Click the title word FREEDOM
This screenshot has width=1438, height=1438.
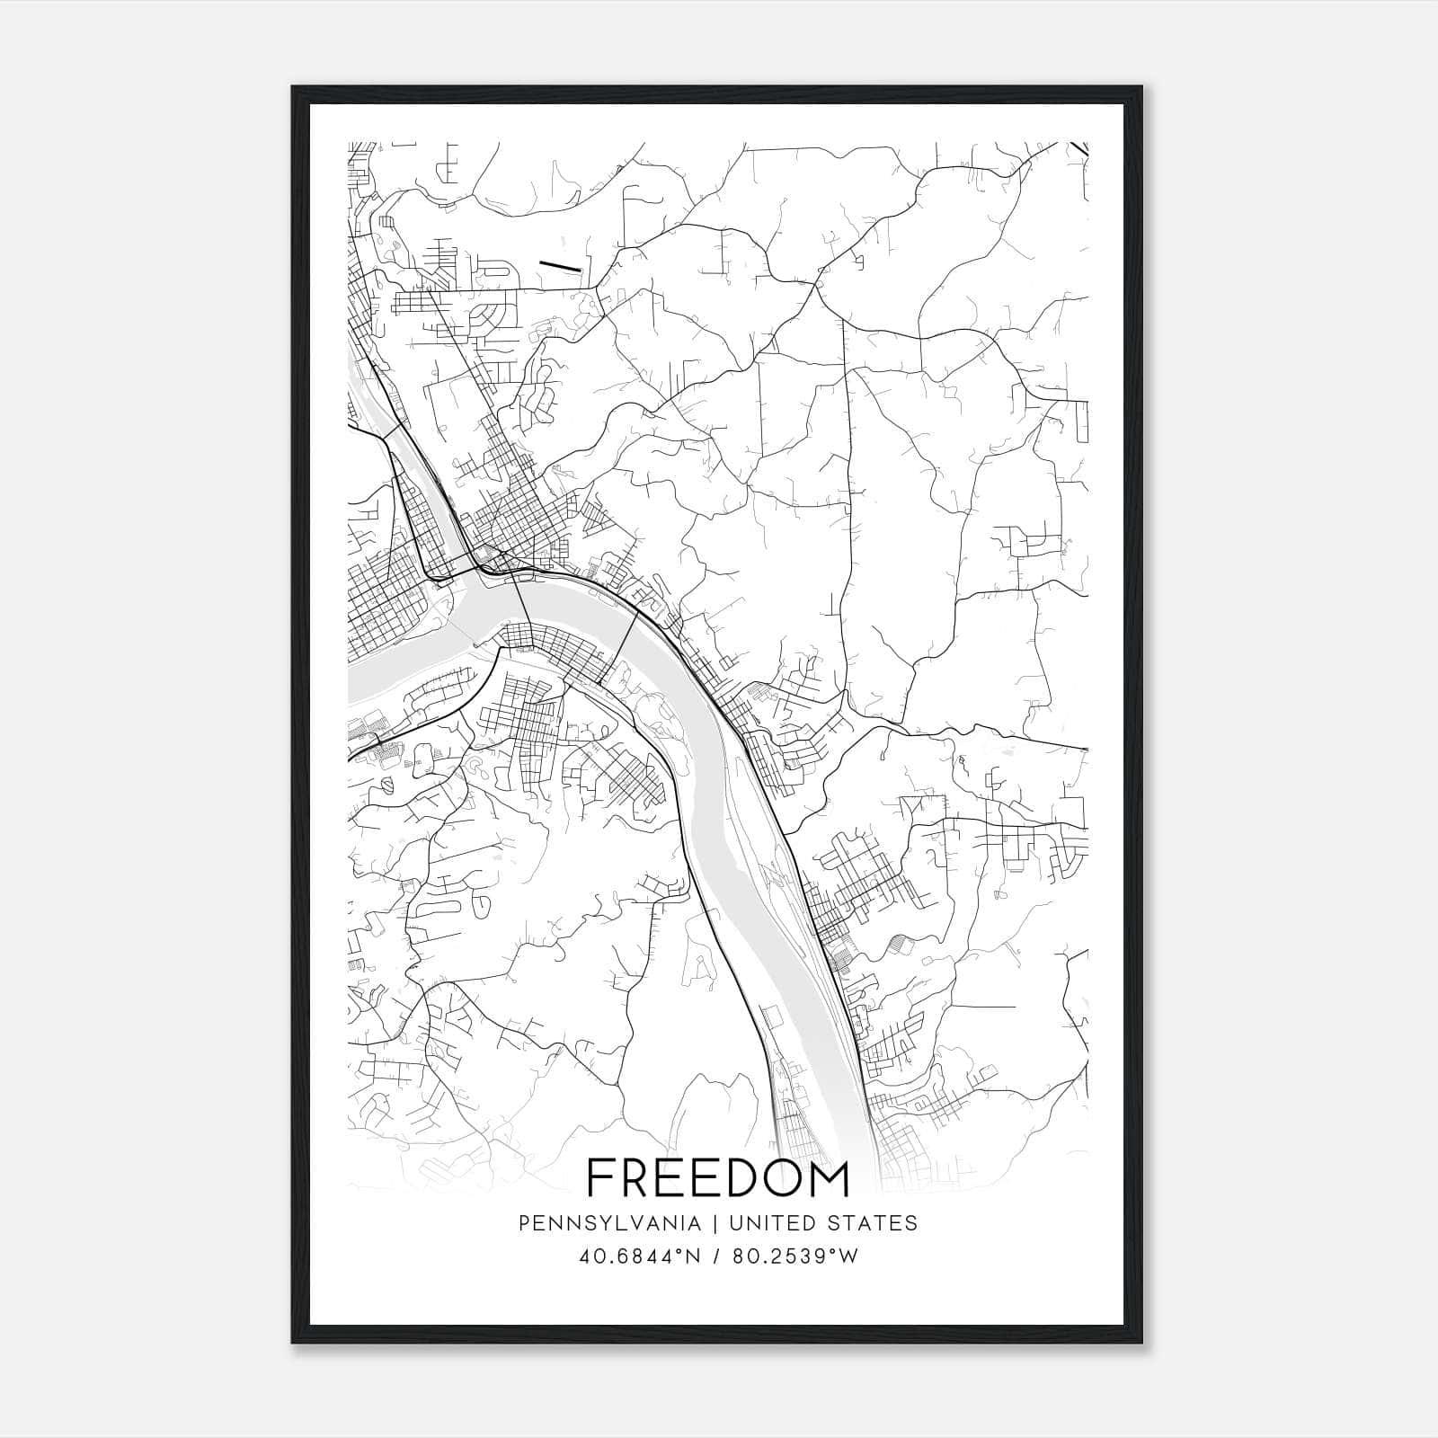tap(717, 1179)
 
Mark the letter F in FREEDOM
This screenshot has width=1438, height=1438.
tap(600, 1179)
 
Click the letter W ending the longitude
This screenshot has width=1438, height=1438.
tap(848, 1256)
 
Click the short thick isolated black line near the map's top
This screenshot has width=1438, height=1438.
tap(560, 266)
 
